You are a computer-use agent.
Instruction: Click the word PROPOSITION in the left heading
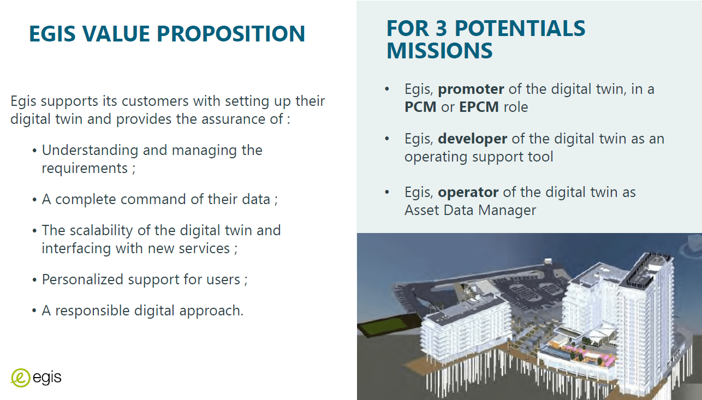pos(231,33)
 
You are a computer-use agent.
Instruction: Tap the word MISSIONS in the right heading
pos(439,50)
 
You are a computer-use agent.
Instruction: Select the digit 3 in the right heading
pos(441,28)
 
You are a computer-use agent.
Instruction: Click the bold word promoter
pos(471,89)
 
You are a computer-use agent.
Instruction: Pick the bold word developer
pos(472,139)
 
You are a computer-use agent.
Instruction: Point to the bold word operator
pos(468,192)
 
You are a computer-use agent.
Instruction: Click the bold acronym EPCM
pos(479,107)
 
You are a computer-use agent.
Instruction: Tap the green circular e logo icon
pos(21,378)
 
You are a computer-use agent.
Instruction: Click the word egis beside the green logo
pos(47,378)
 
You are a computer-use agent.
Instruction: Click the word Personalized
pos(82,279)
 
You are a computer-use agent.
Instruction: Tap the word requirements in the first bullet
pos(85,169)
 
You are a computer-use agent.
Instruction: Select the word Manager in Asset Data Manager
pos(507,211)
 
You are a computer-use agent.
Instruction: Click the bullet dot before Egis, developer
pos(387,139)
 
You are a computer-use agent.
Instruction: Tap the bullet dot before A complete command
pos(34,200)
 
